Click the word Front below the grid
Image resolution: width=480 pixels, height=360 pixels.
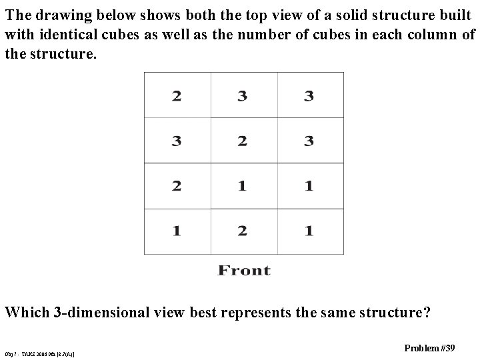[244, 270]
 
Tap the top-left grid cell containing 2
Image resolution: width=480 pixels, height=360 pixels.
[177, 96]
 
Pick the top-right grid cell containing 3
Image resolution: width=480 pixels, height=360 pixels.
[309, 96]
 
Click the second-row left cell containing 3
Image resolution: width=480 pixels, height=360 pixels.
[177, 141]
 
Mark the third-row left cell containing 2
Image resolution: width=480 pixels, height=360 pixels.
[177, 186]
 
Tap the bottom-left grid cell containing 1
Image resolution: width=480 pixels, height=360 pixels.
[177, 231]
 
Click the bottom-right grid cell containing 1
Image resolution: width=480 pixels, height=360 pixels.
[309, 231]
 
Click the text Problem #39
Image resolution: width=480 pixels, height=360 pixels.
[430, 347]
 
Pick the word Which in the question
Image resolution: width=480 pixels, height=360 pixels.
[26, 311]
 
